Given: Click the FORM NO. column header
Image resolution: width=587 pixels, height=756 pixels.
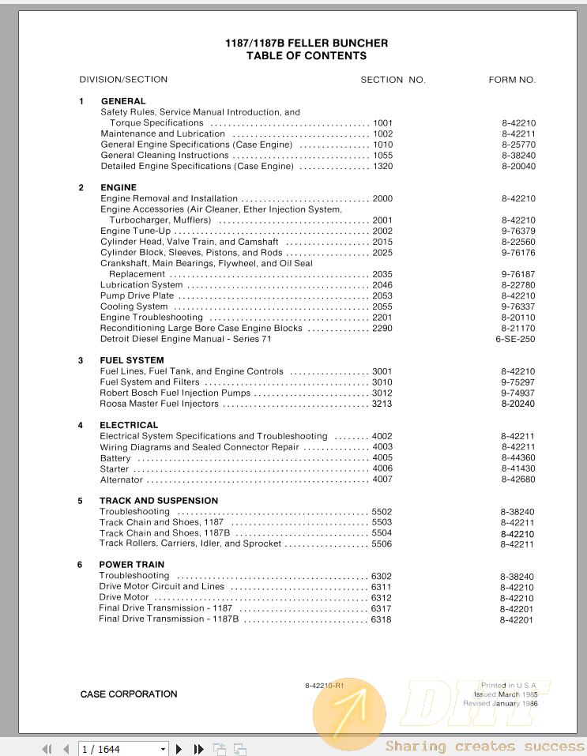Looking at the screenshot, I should pos(512,80).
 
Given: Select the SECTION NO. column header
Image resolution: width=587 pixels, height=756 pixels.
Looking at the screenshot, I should pos(393,80).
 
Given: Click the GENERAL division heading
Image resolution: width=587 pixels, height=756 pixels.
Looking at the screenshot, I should pos(123,101).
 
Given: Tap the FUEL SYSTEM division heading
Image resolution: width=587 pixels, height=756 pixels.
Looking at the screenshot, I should pos(132,360).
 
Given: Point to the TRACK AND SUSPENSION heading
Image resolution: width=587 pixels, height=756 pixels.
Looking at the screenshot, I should pos(159,501).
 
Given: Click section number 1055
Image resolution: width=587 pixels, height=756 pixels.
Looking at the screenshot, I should pos(382,156).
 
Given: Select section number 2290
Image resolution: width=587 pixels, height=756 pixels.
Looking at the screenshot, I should pos(382,328).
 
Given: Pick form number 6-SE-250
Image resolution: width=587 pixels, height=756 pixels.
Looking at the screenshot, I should pos(515,339).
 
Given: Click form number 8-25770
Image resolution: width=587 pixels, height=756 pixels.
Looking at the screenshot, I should pos(517,145).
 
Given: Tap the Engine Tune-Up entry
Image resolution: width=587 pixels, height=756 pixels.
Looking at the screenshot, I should pos(135,231).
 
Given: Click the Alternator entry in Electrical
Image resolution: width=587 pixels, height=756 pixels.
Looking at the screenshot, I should pos(122,480).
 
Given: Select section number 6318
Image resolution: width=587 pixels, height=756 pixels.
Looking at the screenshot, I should pos(381,619).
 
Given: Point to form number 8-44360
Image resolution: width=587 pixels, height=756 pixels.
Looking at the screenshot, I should pos(517,458).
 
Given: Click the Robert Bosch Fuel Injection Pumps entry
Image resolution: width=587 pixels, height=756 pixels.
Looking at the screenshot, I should pos(175,393).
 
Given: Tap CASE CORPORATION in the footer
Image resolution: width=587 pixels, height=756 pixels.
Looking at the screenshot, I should pos(129,694).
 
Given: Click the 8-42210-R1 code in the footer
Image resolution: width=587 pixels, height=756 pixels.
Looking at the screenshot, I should pos(325,685).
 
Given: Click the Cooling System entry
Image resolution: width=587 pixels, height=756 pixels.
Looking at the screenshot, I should pos(134,307).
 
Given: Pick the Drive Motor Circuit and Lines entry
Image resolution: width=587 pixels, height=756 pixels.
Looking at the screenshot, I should pos(162,587).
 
